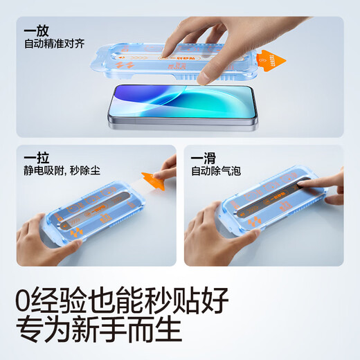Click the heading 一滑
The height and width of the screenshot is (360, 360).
206,159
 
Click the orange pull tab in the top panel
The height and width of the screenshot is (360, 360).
272,62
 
